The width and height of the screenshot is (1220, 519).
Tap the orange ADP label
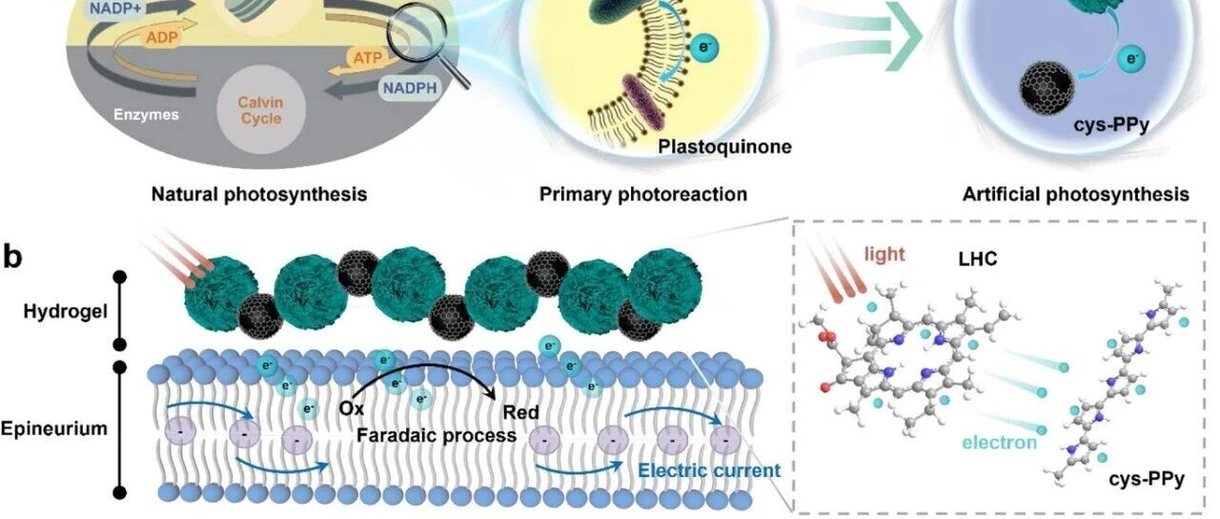coord(162,37)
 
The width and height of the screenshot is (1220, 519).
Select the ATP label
coord(368,56)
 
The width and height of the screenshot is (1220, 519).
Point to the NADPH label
coord(410,88)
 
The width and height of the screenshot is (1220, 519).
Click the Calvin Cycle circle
coord(261,110)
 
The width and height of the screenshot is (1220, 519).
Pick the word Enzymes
coord(146,114)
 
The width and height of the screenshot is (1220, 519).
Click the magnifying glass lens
coord(417,32)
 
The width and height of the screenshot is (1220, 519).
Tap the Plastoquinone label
coord(725,147)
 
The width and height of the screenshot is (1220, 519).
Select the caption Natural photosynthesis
coord(259,195)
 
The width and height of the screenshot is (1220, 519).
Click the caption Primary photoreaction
coord(643,195)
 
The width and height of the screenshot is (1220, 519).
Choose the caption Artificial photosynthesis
coord(1076,195)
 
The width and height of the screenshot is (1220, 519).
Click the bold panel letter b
coord(13,257)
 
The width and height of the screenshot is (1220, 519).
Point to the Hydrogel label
coord(66,312)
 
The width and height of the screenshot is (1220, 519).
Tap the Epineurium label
coord(54,428)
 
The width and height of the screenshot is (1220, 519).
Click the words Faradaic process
coord(437,436)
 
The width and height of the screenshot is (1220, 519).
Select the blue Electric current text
coord(709,470)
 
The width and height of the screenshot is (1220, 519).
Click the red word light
coord(884,254)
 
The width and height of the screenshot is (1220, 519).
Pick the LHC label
coord(978,259)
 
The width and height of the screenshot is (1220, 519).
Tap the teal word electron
coord(1000,442)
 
